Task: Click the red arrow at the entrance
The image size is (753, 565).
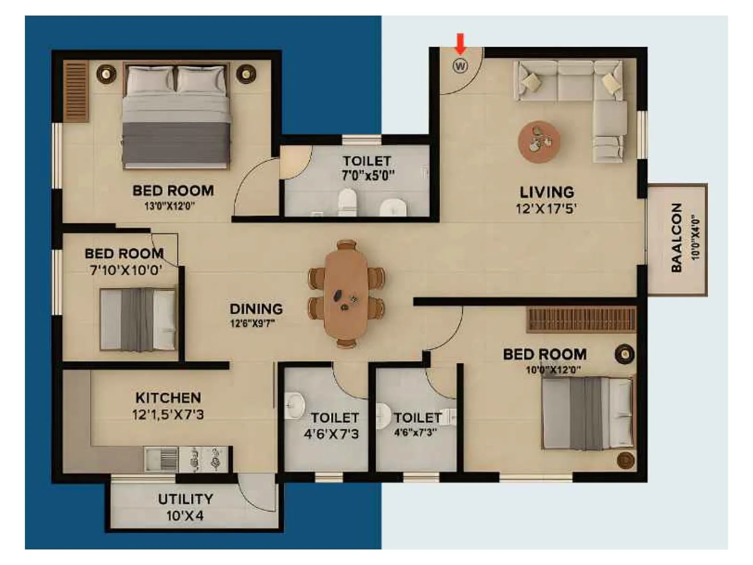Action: (460, 44)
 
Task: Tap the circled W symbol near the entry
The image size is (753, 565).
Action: (460, 65)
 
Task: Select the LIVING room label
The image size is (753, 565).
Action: (546, 192)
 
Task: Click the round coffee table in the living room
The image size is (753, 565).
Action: (539, 142)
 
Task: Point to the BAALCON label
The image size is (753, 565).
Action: (676, 238)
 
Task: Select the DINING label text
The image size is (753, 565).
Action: (256, 309)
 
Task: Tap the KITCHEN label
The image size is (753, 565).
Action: (168, 398)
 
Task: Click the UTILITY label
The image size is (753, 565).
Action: (185, 499)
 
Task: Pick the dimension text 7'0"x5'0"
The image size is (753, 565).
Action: (368, 176)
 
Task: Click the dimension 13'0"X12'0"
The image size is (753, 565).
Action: (169, 206)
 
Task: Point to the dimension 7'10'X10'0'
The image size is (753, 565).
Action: (126, 270)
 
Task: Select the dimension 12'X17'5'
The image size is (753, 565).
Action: (546, 209)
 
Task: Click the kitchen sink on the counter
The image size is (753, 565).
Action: (161, 459)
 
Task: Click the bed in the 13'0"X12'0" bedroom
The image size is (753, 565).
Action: (176, 118)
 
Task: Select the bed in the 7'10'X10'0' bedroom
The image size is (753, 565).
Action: (137, 320)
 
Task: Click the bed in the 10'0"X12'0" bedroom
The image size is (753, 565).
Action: (587, 413)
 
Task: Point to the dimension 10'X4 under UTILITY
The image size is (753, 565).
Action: (185, 516)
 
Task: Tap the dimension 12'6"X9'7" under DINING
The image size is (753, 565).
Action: (252, 323)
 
